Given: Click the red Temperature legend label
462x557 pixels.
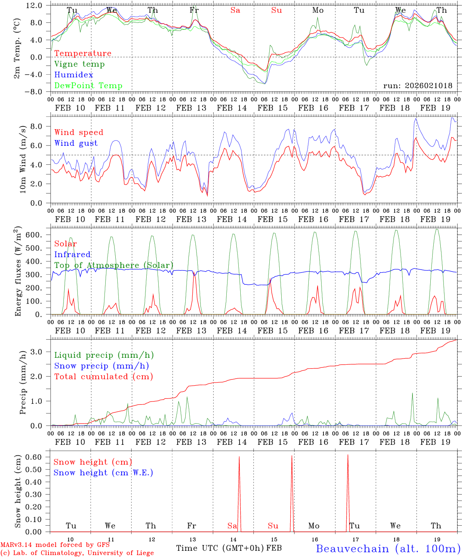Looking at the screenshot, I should [x=83, y=53].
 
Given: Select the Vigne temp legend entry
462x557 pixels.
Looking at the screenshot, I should [x=79, y=64].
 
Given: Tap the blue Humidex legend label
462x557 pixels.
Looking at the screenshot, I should [x=74, y=75].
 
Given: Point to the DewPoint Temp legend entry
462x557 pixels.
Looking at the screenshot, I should [x=88, y=86].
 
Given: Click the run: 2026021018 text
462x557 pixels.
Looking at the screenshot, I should [x=418, y=86].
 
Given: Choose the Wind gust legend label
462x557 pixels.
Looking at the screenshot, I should [x=76, y=143].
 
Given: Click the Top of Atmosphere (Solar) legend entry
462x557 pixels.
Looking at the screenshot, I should [x=114, y=265].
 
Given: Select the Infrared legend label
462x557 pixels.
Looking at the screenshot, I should [x=72, y=255].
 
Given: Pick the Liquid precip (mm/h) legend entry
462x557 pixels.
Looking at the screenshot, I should [x=104, y=355].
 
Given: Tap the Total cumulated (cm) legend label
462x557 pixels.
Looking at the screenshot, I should [x=104, y=377].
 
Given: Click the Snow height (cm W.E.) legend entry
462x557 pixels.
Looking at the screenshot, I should [x=103, y=473].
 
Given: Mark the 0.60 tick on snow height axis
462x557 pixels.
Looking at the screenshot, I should [x=38, y=457].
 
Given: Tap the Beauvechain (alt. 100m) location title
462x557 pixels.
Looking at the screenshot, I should [x=388, y=548].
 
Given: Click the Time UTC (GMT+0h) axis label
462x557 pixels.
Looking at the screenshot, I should [x=220, y=548].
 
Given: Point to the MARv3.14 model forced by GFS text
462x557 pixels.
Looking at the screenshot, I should [x=55, y=545].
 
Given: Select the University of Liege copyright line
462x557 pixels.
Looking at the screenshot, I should [x=77, y=553].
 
